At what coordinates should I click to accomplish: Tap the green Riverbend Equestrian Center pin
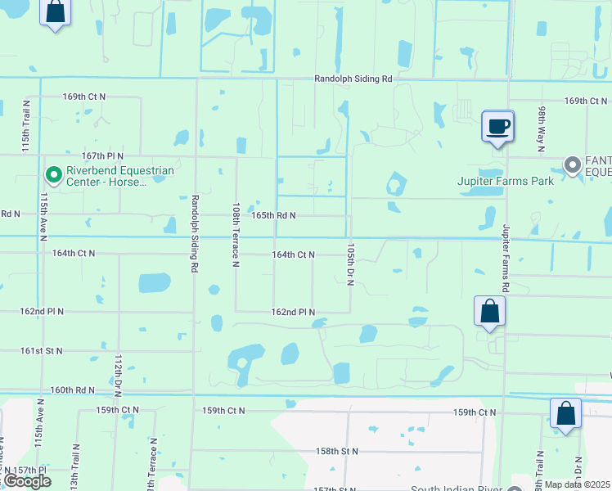(54, 175)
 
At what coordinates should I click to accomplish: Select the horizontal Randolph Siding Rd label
(353, 79)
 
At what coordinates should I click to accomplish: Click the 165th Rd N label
(272, 215)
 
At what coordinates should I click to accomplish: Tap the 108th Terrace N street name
(236, 235)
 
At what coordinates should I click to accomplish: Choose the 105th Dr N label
(349, 264)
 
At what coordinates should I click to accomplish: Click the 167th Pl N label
(102, 155)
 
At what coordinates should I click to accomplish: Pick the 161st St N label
(42, 350)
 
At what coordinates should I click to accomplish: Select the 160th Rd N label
(73, 390)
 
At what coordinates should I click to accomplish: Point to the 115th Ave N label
(42, 217)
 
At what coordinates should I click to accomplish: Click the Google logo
(27, 481)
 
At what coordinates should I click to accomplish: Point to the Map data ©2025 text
(578, 484)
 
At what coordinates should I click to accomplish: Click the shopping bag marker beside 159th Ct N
(565, 414)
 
